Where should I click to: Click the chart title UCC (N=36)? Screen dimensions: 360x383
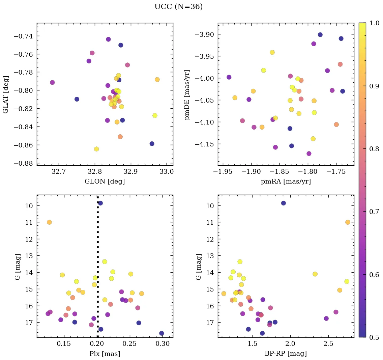(178, 7)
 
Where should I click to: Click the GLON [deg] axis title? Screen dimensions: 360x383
(105, 182)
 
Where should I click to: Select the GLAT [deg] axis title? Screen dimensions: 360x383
(6, 94)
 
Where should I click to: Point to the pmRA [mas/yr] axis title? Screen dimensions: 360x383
(286, 182)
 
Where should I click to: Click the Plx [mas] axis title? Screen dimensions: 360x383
(105, 354)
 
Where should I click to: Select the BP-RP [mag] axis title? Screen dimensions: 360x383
(286, 354)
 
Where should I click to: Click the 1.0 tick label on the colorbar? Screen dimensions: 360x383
(374, 23)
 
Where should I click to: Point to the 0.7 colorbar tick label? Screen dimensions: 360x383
(374, 212)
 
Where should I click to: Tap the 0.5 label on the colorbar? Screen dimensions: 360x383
(374, 337)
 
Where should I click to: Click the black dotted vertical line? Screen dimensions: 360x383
(98, 270)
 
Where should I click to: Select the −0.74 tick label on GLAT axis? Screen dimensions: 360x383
(25, 36)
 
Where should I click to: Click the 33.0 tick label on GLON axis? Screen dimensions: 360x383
(167, 171)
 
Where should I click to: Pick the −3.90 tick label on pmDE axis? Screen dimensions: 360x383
(205, 34)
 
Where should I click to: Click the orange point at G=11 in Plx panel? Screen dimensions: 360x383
(49, 222)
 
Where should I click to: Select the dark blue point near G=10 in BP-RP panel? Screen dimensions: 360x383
(283, 203)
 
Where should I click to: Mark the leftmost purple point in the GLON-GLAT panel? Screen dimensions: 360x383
(52, 82)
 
